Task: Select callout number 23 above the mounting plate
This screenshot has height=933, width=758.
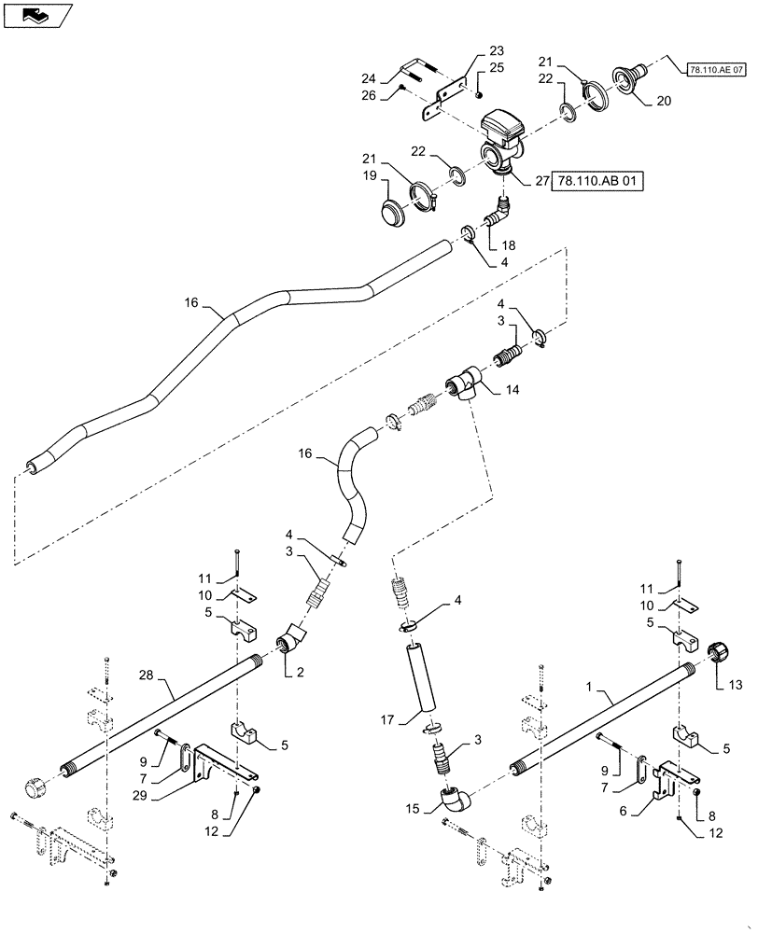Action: (495, 51)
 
